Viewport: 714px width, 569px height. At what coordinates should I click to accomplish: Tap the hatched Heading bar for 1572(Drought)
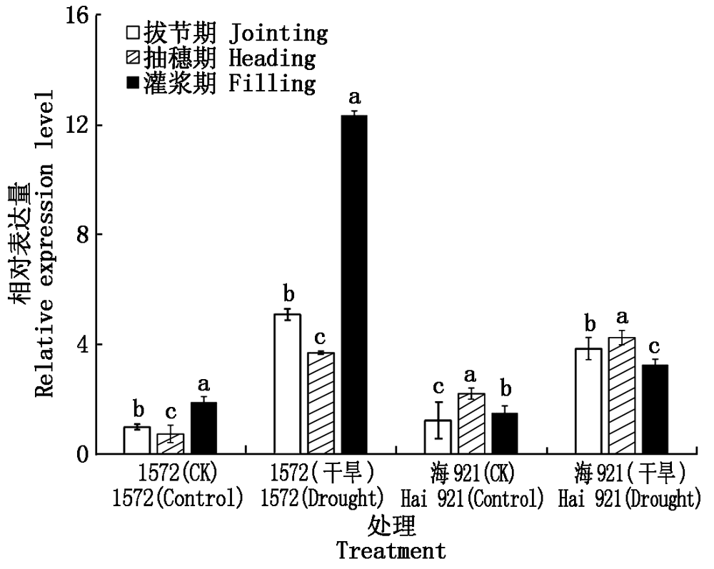pos(321,403)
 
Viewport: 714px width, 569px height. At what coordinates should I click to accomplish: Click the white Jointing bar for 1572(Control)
pos(136,440)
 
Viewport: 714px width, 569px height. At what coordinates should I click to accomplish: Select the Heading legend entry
pos(220,58)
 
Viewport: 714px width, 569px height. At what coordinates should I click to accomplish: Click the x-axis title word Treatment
pos(391,551)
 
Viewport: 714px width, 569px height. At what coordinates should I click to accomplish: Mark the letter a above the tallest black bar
pos(354,97)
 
